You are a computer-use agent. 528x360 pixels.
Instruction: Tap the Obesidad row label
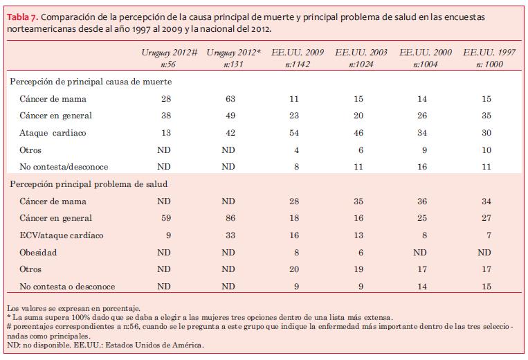tap(39, 253)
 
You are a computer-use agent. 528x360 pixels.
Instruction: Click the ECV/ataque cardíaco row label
tap(62, 235)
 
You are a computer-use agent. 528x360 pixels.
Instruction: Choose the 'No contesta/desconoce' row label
tap(64, 166)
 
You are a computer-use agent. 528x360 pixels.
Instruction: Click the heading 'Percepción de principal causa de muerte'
tap(91, 82)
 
